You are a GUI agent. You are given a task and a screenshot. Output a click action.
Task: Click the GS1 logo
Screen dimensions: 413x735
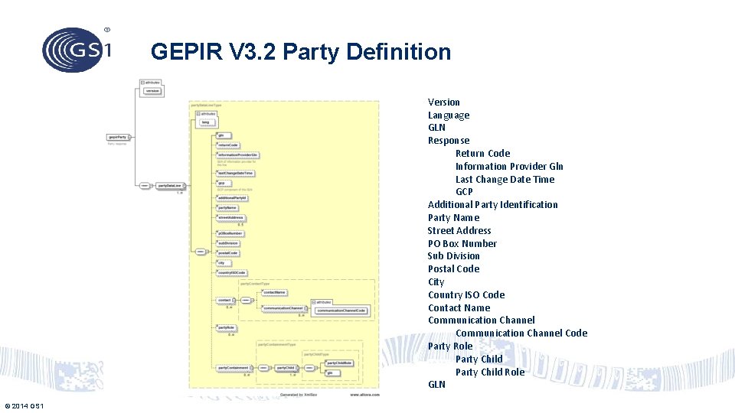(77, 50)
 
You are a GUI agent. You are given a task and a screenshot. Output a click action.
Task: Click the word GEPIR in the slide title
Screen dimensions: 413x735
(181, 52)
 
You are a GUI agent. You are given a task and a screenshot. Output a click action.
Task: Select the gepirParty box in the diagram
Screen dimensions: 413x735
(119, 138)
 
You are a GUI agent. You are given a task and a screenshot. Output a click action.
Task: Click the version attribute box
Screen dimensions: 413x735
(152, 91)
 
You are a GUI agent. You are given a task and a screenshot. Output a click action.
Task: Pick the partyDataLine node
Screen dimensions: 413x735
(169, 186)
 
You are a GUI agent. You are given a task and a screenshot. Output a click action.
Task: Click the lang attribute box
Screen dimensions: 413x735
(205, 122)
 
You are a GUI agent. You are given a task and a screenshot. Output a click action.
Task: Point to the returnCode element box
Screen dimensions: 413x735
(227, 145)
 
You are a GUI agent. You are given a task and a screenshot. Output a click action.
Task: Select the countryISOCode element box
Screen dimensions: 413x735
(231, 273)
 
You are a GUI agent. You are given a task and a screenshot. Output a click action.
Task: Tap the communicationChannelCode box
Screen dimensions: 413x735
(341, 311)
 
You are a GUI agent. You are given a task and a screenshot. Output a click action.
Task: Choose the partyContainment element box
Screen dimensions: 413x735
(232, 368)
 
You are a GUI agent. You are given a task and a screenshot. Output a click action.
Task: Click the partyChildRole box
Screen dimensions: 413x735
(339, 363)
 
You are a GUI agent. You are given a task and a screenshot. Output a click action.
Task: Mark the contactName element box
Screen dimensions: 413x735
(274, 292)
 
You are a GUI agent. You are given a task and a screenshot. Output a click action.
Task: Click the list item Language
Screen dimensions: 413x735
(449, 115)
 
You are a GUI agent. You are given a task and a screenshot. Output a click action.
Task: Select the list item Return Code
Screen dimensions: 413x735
(482, 154)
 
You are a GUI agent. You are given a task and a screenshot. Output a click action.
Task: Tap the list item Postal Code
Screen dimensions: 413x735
(453, 269)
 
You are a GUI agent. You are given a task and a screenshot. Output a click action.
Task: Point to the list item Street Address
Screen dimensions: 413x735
(459, 231)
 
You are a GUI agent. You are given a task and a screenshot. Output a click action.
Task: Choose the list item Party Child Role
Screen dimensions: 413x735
(490, 372)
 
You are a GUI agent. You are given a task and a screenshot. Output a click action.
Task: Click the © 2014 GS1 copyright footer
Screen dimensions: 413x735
(24, 405)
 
